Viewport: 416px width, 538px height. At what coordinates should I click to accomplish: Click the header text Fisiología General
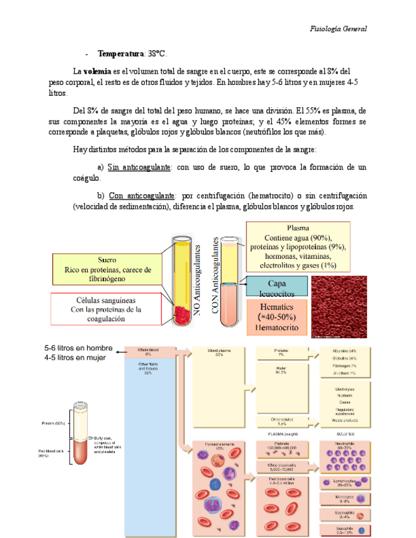(338, 29)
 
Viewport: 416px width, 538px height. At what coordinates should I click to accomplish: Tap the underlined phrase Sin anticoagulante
(139, 167)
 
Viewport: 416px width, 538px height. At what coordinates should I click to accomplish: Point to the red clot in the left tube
(182, 313)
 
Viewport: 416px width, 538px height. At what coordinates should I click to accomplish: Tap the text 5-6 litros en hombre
(79, 348)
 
